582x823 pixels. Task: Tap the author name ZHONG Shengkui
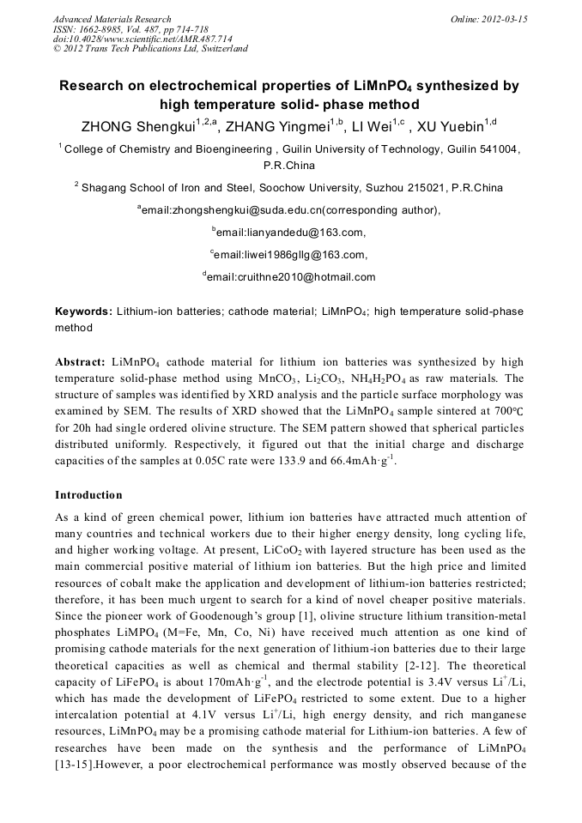coord(136,128)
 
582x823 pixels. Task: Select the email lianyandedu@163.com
coord(291,232)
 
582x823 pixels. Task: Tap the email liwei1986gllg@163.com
coord(291,254)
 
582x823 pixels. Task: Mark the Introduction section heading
coord(88,495)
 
